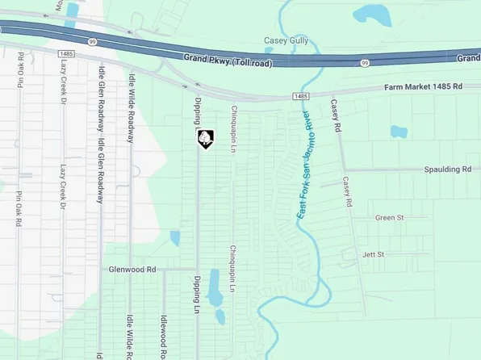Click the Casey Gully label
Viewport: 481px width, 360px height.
coord(287,40)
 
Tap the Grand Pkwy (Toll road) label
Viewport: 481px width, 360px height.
coord(227,61)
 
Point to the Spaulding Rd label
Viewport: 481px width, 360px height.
coord(447,170)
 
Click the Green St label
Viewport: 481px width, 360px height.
coord(389,218)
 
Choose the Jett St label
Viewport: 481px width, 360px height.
coord(374,254)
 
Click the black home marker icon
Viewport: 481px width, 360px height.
coord(207,139)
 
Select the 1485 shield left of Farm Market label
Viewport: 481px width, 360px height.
coord(300,96)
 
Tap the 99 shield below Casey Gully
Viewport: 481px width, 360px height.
coord(365,62)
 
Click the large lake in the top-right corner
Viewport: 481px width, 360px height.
coord(372,14)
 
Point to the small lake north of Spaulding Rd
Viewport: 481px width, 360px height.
coord(399,132)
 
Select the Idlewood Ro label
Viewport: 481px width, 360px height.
coord(162,336)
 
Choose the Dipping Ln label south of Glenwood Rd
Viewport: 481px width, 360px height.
coord(196,295)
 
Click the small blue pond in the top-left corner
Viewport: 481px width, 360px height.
coord(72,10)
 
